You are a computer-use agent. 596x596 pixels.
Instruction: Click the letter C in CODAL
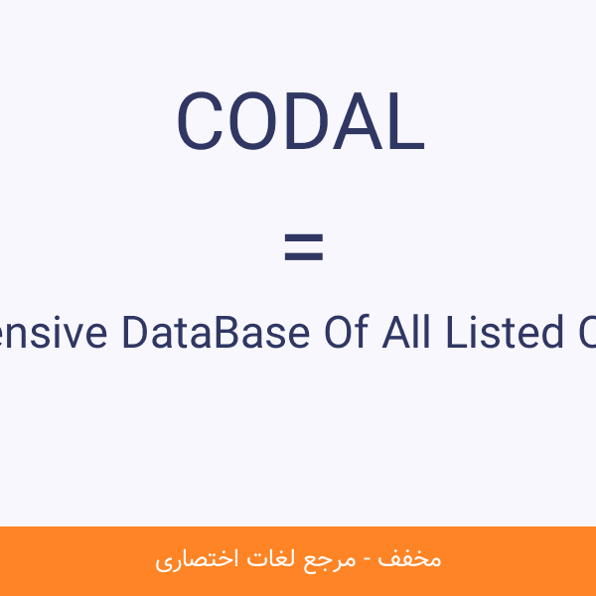(199, 122)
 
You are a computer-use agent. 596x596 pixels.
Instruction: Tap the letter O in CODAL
(248, 122)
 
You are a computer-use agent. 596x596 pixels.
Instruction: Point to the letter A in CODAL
(350, 122)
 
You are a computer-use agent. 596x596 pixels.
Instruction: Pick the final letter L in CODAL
(403, 122)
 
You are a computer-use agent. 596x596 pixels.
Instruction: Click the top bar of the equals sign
(303, 238)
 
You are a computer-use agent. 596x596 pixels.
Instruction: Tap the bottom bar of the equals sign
(303, 257)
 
